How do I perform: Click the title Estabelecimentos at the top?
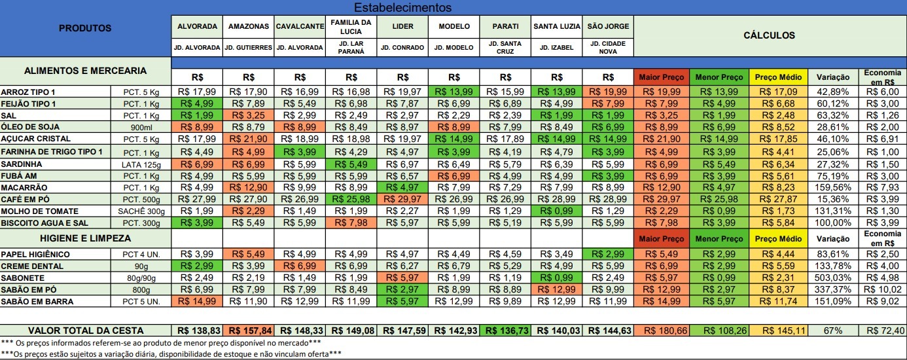pyautogui.click(x=402, y=8)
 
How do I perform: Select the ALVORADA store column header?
pyautogui.click(x=197, y=26)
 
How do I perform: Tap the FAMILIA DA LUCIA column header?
pyautogui.click(x=351, y=26)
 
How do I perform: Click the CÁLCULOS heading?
pyautogui.click(x=769, y=35)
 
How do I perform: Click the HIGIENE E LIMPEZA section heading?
pyautogui.click(x=85, y=238)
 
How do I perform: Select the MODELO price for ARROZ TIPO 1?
pyautogui.click(x=453, y=92)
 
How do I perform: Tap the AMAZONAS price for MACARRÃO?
pyautogui.click(x=248, y=187)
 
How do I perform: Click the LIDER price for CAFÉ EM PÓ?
pyautogui.click(x=402, y=199)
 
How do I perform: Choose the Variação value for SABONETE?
pyautogui.click(x=832, y=278)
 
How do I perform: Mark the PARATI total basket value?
pyautogui.click(x=505, y=331)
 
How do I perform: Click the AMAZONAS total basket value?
pyautogui.click(x=248, y=331)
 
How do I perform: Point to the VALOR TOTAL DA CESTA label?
pyautogui.click(x=85, y=331)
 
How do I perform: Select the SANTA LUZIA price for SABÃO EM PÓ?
pyautogui.click(x=556, y=290)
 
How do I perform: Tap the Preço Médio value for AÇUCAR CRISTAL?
pyautogui.click(x=780, y=139)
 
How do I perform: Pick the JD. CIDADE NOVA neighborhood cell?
pyautogui.click(x=608, y=47)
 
